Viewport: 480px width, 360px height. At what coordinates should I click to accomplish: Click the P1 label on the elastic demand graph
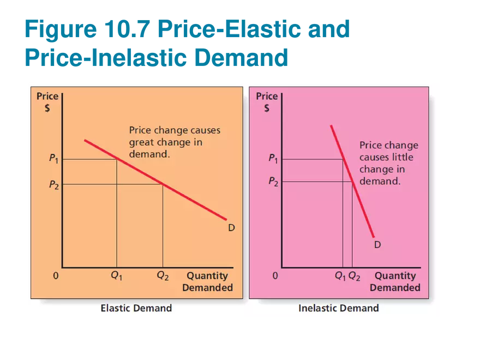(x=54, y=159)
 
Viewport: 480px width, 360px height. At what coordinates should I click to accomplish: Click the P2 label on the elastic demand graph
(x=54, y=185)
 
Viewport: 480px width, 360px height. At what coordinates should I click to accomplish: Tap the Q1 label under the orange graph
(x=116, y=276)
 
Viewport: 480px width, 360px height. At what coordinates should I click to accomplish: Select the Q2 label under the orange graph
(x=163, y=276)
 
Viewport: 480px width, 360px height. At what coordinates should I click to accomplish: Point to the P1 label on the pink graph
(x=273, y=159)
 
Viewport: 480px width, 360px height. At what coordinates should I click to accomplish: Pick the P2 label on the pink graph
(x=273, y=182)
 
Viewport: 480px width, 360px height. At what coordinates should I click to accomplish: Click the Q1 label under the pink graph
(x=340, y=277)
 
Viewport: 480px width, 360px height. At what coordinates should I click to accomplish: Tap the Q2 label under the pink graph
(x=354, y=277)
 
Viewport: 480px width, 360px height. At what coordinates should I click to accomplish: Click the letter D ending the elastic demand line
(x=231, y=227)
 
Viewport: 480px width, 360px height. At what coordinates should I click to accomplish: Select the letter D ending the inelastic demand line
(x=377, y=245)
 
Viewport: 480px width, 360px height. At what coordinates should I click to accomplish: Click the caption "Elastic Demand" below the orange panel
(x=136, y=308)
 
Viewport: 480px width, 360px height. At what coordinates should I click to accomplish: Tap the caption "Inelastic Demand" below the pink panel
(x=338, y=308)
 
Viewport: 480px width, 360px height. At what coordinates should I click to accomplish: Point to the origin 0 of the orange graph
(x=56, y=276)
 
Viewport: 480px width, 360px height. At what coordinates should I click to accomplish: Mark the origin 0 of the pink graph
(x=275, y=276)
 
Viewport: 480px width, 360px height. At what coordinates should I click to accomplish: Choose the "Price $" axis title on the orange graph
(x=47, y=101)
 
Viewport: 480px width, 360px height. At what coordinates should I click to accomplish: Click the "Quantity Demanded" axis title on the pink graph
(x=395, y=281)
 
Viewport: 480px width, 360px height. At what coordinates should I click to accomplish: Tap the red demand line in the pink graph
(x=352, y=180)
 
